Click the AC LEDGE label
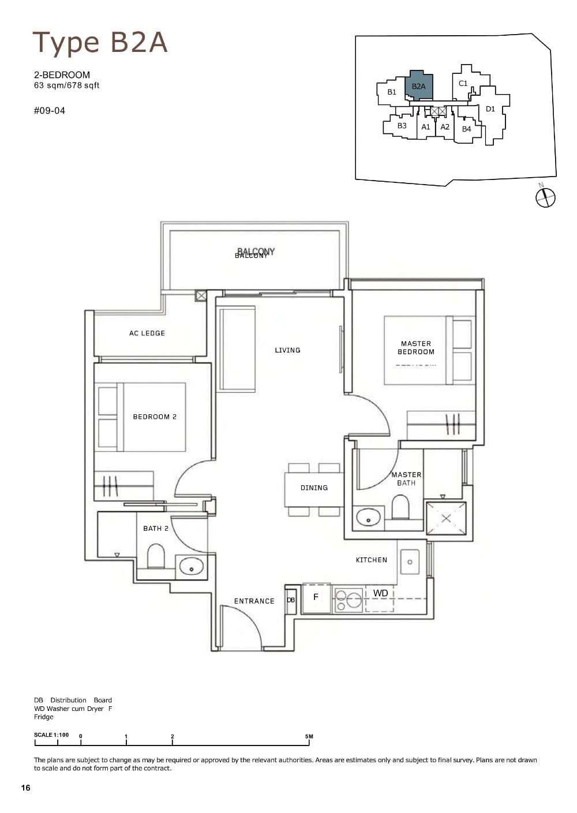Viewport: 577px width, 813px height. [x=147, y=333]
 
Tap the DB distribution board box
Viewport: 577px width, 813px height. [x=291, y=600]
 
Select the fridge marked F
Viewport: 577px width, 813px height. [x=316, y=598]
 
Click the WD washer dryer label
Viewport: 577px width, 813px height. [x=380, y=593]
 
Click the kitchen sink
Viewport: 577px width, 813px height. [x=410, y=560]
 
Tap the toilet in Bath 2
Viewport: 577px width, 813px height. [x=156, y=556]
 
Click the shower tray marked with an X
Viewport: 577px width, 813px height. [x=445, y=518]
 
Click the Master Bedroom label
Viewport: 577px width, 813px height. [x=416, y=347]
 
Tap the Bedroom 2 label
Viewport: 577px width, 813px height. [x=155, y=417]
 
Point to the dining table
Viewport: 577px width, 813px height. [x=314, y=488]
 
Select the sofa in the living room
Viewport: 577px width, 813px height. [x=236, y=349]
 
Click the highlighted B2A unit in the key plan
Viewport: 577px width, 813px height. [x=420, y=85]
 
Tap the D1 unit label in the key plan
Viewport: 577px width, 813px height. [x=490, y=108]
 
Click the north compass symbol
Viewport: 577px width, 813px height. [x=545, y=197]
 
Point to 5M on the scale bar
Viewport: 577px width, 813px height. [x=309, y=736]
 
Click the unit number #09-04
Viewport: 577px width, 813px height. [x=50, y=110]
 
